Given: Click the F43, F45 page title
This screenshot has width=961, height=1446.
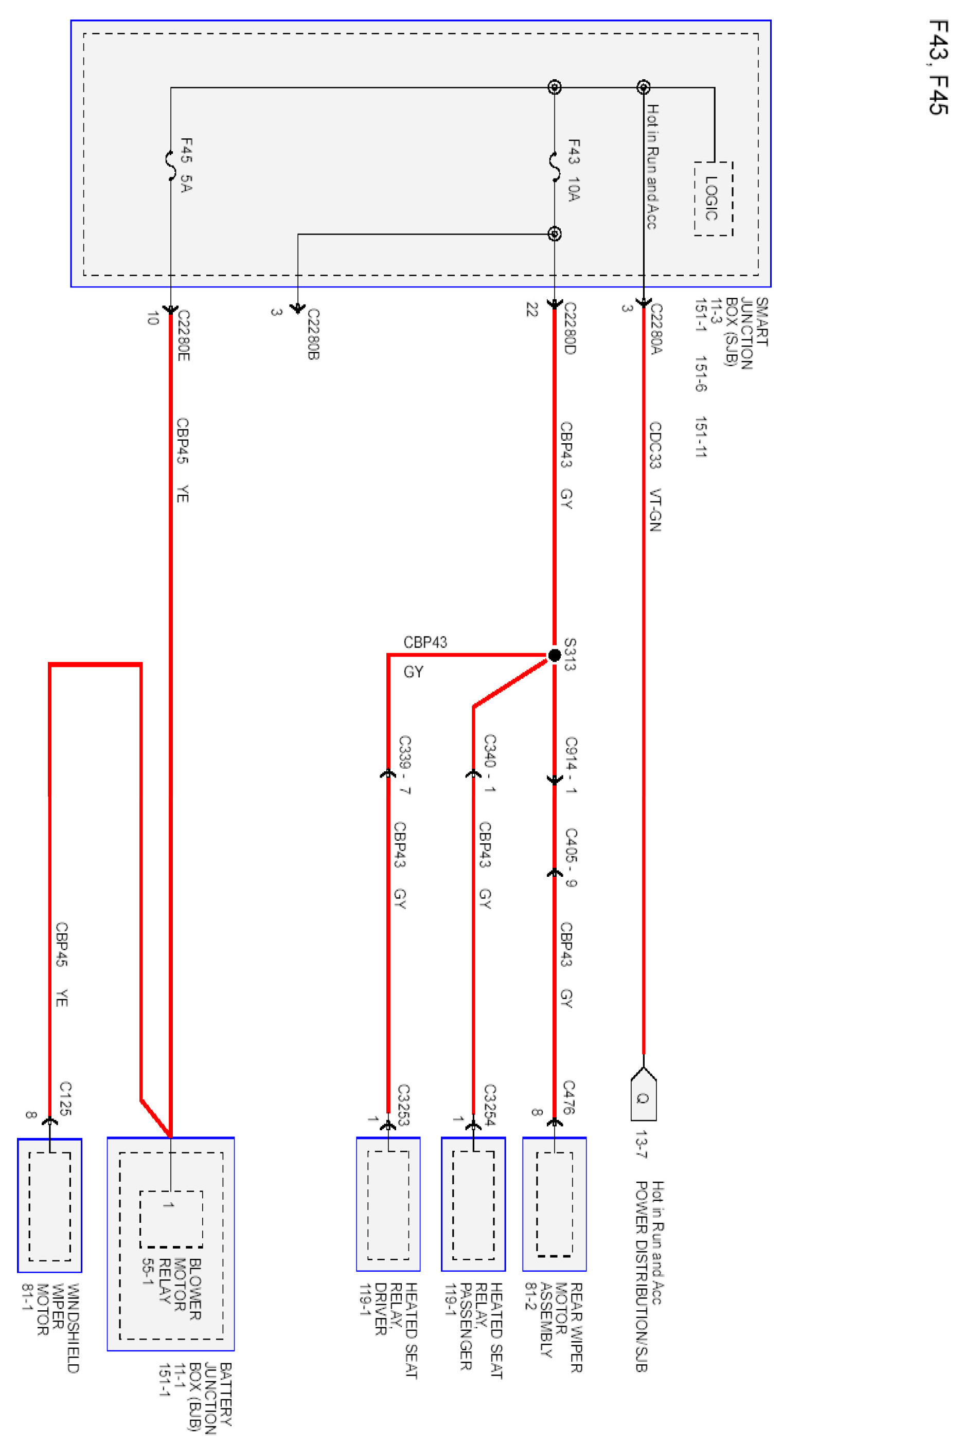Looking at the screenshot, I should click(938, 67).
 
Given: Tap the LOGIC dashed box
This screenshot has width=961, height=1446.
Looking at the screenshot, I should click(713, 198).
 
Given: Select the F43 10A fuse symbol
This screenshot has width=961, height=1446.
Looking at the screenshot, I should click(555, 167).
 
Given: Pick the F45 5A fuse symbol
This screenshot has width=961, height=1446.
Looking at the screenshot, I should click(171, 166).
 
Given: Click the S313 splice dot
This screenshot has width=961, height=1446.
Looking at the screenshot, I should click(554, 655).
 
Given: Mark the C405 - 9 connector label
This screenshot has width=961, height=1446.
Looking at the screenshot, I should click(571, 857).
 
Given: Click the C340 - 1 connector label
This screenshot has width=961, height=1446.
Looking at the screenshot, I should click(490, 764).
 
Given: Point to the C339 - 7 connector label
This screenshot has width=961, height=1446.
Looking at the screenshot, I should click(404, 765).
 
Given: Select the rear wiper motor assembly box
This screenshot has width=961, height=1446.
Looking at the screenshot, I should click(554, 1203).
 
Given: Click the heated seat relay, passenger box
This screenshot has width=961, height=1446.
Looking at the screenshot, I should click(473, 1203).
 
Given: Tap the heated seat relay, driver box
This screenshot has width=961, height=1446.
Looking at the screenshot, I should click(388, 1203).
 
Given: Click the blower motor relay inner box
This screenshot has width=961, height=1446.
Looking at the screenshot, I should click(171, 1219).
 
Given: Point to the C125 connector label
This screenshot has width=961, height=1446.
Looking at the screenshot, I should click(65, 1098).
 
